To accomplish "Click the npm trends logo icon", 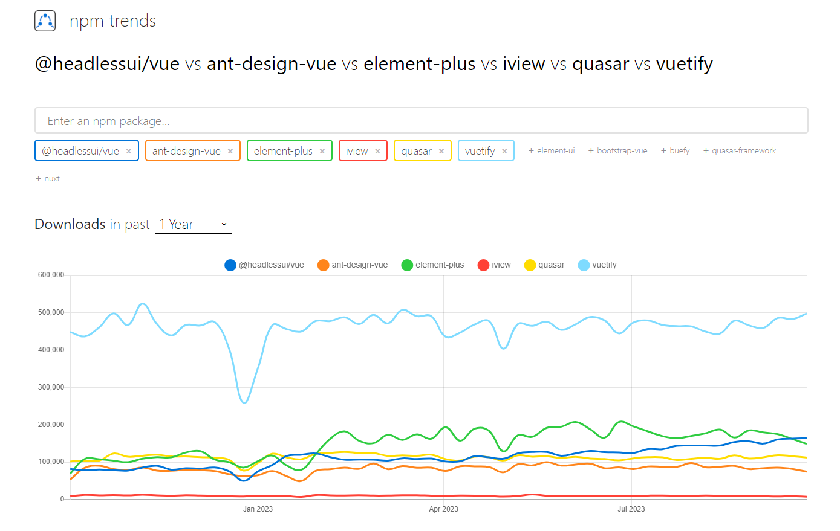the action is pyautogui.click(x=45, y=21).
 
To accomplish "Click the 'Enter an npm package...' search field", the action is pyautogui.click(x=421, y=121).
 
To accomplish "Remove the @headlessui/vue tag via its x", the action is pyautogui.click(x=129, y=151).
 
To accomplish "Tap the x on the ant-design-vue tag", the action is pyautogui.click(x=230, y=151).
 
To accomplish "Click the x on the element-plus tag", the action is pyautogui.click(x=322, y=151).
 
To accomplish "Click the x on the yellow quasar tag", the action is pyautogui.click(x=441, y=151).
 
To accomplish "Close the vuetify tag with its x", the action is pyautogui.click(x=505, y=151).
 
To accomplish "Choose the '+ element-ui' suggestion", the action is pyautogui.click(x=552, y=150).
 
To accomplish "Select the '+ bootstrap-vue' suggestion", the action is pyautogui.click(x=617, y=150).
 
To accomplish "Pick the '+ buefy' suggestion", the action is pyautogui.click(x=675, y=150).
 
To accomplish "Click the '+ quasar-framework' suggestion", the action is pyautogui.click(x=740, y=150).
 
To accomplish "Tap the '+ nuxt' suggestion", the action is pyautogui.click(x=48, y=179).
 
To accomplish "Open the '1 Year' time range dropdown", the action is pyautogui.click(x=194, y=224).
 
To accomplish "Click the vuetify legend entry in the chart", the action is pyautogui.click(x=597, y=265).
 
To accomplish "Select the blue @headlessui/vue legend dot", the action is pyautogui.click(x=230, y=265).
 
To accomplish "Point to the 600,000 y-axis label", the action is pyautogui.click(x=51, y=275).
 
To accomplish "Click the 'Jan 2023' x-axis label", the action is pyautogui.click(x=258, y=509).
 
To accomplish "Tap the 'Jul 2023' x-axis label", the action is pyautogui.click(x=631, y=509).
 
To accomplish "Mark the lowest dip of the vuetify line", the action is pyautogui.click(x=244, y=403).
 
